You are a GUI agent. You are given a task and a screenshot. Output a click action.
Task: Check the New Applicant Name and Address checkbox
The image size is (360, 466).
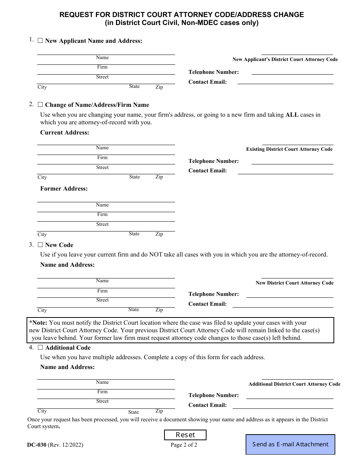(40, 41)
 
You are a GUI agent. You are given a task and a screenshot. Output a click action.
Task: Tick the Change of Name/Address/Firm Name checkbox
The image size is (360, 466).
(40, 105)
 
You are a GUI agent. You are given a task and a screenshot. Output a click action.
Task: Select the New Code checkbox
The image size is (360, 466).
(40, 245)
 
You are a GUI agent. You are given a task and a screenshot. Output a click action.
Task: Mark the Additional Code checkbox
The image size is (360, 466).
(40, 347)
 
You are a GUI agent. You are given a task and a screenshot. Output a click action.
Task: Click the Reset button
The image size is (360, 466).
(185, 435)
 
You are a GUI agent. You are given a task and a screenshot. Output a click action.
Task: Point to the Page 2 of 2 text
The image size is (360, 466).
(184, 445)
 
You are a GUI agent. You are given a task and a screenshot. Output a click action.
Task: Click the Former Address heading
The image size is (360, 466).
(64, 189)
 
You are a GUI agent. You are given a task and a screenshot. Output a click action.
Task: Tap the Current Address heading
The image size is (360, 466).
(65, 133)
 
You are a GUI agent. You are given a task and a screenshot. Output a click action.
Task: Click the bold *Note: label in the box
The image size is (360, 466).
(38, 323)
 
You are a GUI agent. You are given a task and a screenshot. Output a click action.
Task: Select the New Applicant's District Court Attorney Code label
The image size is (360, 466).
(285, 59)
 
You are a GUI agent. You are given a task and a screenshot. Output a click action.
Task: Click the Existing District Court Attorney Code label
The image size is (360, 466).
(289, 149)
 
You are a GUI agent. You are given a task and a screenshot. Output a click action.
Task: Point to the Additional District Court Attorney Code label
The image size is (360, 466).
(294, 384)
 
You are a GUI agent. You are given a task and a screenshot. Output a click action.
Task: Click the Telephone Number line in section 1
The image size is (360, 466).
(292, 72)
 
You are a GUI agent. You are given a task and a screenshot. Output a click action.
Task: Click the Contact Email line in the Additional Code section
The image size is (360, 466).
(283, 406)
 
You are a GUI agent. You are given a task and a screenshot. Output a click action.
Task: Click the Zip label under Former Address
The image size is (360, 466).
(159, 234)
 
